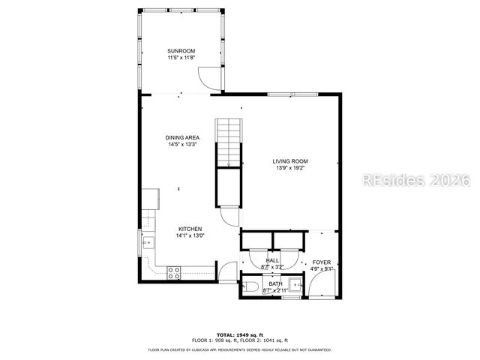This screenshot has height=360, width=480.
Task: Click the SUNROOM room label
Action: [181, 51]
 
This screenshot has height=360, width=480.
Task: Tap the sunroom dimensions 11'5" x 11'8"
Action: [181, 58]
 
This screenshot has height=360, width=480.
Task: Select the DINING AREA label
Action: [182, 137]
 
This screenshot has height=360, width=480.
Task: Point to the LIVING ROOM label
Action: [290, 161]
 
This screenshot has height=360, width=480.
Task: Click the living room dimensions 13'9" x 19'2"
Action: [290, 168]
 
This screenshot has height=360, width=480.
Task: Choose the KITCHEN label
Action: [190, 229]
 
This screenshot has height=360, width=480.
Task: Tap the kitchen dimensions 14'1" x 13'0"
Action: [190, 235]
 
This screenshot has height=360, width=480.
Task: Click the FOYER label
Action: [321, 262]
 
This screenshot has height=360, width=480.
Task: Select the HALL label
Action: [272, 260]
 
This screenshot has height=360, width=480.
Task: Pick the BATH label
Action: [275, 283]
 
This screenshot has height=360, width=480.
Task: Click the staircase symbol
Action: [229, 143]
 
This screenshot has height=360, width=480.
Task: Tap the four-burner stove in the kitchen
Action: [174, 273]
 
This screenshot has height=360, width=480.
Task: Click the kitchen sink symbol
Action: [147, 242]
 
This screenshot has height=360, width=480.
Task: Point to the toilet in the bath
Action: [251, 286]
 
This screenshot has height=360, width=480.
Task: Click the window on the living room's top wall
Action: [285, 94]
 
